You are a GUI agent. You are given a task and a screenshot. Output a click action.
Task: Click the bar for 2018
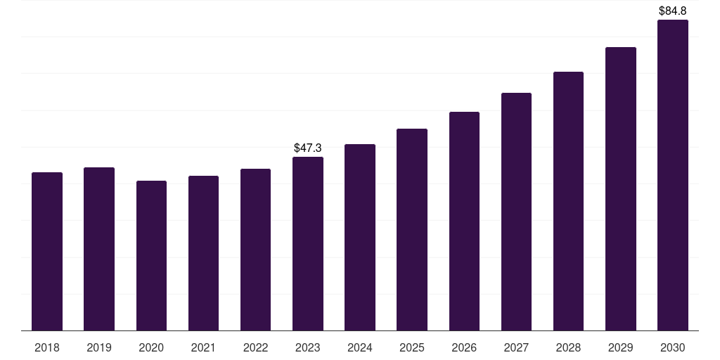47,252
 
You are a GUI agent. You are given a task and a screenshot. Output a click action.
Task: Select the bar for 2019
99,249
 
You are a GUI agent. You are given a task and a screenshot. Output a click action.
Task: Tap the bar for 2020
151,256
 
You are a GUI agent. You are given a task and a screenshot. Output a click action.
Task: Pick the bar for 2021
203,253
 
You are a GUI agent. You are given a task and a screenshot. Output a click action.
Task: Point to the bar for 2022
255,250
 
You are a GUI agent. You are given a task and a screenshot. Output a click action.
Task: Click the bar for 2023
308,244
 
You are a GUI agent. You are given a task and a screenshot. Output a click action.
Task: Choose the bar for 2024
360,238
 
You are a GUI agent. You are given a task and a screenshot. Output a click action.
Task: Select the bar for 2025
412,230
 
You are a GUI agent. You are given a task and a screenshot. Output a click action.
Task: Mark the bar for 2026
464,221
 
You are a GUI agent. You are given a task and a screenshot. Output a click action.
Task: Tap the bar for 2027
516,212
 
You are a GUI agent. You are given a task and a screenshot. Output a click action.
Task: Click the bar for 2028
568,201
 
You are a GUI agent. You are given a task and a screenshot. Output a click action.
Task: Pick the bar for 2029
621,188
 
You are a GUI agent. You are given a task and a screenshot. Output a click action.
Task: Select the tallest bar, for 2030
673,175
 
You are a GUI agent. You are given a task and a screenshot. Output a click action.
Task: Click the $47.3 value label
308,148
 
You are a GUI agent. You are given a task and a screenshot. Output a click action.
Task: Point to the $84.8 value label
673,11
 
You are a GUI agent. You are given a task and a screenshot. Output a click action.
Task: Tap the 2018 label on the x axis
47,347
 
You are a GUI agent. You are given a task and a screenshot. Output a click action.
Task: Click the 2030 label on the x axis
673,347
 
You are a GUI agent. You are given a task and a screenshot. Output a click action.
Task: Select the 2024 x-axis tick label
360,347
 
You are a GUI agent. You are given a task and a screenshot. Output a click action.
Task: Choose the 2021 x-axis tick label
203,347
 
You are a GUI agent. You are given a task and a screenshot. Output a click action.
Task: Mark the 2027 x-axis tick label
516,347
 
